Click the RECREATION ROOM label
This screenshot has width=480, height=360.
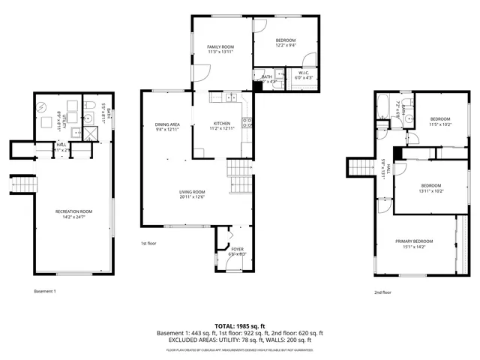[73, 212]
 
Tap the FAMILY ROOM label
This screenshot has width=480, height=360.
[220, 47]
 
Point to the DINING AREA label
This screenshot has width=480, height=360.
[167, 124]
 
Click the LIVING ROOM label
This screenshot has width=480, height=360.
[192, 192]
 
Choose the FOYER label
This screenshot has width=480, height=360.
[237, 249]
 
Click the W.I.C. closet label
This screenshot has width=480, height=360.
[304, 73]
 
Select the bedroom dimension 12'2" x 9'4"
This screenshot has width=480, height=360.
[285, 45]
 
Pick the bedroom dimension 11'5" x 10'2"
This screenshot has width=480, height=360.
[440, 124]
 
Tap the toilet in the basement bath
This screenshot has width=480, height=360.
[88, 106]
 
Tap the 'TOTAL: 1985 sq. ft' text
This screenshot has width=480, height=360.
[240, 325]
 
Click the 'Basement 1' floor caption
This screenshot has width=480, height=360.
[45, 291]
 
